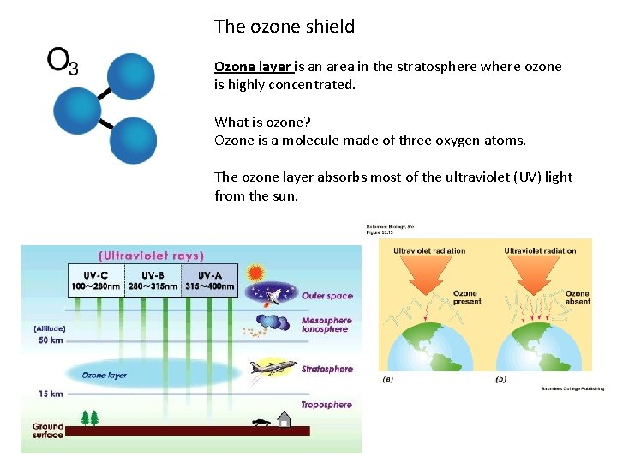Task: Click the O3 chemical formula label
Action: coord(63,60)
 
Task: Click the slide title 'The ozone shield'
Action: coord(284,27)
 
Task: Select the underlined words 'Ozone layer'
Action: coord(253,67)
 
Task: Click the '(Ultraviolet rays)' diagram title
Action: coord(151,256)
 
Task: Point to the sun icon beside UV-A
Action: coord(255,274)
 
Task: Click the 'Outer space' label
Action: coord(326,297)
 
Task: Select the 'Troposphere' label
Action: coord(326,405)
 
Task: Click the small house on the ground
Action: coord(285,419)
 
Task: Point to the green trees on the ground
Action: coord(89,418)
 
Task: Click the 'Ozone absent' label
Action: coord(578,298)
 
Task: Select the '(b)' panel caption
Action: coord(500,378)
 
